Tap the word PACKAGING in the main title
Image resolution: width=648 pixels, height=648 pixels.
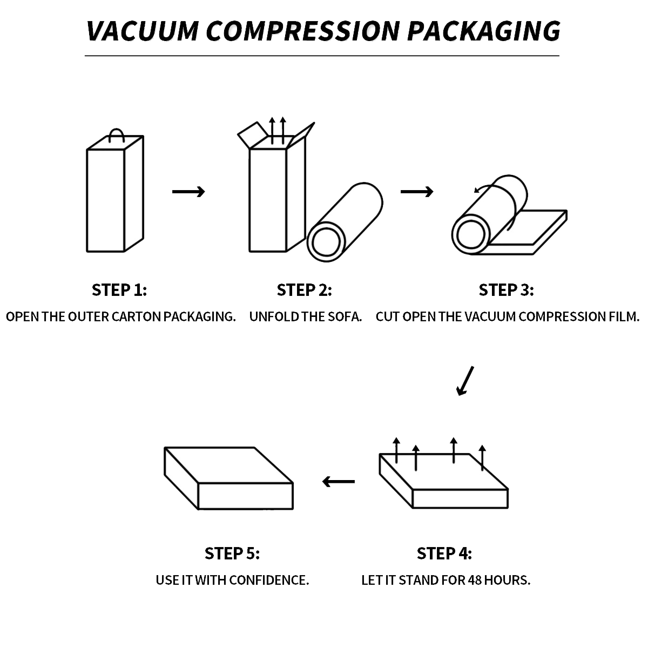[484, 31]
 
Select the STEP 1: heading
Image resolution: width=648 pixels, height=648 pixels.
[119, 290]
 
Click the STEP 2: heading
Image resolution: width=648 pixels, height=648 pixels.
[305, 290]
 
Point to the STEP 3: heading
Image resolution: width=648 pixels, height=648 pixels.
[506, 290]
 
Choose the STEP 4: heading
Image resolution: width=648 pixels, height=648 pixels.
[444, 553]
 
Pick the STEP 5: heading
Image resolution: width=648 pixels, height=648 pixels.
[232, 553]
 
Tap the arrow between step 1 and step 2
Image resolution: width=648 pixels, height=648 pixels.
[188, 192]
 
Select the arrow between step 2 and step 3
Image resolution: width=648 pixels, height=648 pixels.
[417, 192]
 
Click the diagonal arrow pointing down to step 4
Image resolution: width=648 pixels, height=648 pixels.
[465, 381]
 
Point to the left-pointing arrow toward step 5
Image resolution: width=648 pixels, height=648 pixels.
[338, 482]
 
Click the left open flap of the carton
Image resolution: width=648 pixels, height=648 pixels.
[252, 134]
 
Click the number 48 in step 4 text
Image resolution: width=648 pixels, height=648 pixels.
[475, 580]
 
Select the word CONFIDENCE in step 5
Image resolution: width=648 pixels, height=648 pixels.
[269, 580]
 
